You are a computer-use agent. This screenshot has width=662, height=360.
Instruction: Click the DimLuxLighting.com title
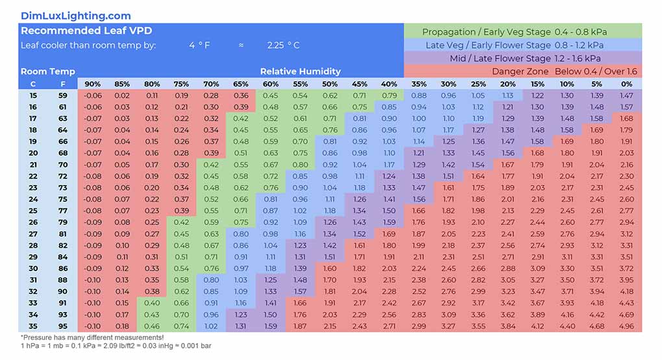[75, 16]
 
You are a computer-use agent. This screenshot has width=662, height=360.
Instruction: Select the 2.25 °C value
[284, 45]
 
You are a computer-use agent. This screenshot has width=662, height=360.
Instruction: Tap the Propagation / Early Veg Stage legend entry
[522, 32]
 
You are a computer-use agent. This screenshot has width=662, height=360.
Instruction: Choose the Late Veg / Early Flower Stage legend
[522, 45]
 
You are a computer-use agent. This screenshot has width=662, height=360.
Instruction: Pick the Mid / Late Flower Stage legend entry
[522, 58]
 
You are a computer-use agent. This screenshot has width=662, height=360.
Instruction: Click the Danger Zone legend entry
[564, 71]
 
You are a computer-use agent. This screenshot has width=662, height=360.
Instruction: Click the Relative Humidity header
[300, 71]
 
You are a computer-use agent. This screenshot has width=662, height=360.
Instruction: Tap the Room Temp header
[48, 71]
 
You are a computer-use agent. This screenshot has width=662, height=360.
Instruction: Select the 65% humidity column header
[241, 84]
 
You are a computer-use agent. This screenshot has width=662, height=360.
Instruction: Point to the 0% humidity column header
[626, 84]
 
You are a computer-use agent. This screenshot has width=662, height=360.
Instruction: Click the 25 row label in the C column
[33, 211]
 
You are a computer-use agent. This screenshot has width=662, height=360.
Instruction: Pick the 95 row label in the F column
[63, 326]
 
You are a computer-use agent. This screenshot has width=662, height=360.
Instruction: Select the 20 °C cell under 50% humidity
[330, 153]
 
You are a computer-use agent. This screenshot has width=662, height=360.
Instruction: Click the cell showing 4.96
[626, 326]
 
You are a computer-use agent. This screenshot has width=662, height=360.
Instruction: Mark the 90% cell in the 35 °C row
[93, 326]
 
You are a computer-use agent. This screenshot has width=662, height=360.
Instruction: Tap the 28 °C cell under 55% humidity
[300, 245]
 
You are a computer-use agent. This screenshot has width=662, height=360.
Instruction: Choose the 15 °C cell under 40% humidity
[389, 95]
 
